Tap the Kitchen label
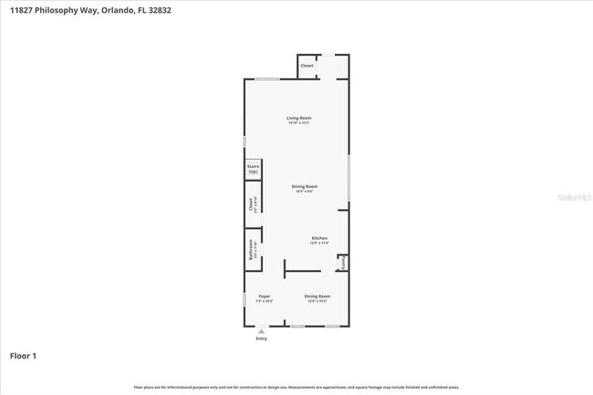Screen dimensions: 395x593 [x=318, y=238]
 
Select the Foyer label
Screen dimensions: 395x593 [x=265, y=296]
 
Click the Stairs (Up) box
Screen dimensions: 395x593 [x=253, y=169]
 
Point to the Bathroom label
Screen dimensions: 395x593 [x=249, y=249]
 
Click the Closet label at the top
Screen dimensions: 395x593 [x=307, y=66]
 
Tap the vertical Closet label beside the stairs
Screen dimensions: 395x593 [x=249, y=205]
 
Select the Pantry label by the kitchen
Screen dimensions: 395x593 [x=343, y=264]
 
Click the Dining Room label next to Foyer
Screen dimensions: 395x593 [x=317, y=296]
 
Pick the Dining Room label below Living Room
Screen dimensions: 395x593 [x=305, y=187]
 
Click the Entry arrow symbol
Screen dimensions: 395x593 [x=262, y=331]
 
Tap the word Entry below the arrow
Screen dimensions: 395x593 [x=262, y=338]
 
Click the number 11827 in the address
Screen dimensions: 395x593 [x=23, y=10]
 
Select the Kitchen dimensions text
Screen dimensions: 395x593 [x=318, y=244]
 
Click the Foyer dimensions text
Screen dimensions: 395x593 [x=265, y=302]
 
